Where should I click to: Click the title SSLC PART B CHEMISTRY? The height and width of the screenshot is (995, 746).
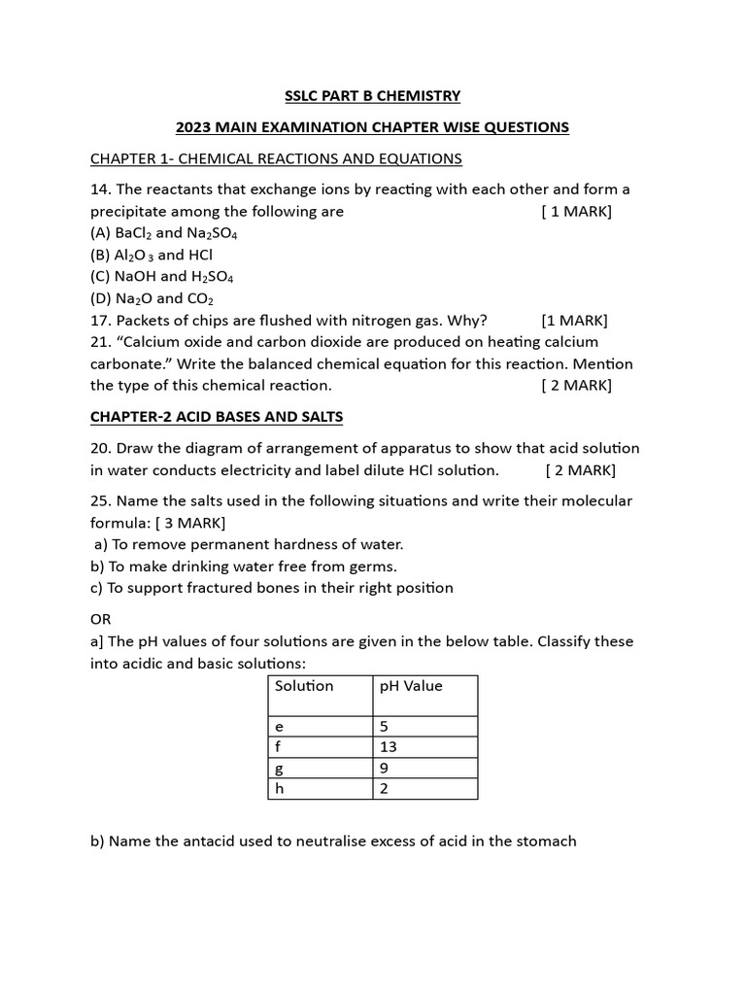(372, 95)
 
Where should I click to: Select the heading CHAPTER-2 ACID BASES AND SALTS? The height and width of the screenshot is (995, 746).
(217, 417)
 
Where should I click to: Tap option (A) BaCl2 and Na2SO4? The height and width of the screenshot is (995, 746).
(164, 233)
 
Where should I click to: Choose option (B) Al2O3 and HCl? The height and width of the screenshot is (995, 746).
(152, 255)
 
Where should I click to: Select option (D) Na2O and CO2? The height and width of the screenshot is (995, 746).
(152, 298)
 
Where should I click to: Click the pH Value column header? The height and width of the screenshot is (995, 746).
(411, 686)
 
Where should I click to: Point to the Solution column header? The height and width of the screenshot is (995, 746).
(304, 686)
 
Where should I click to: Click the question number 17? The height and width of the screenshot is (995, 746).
(100, 320)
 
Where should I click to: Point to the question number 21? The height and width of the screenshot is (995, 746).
(100, 342)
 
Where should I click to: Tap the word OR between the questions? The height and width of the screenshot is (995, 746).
(101, 619)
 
